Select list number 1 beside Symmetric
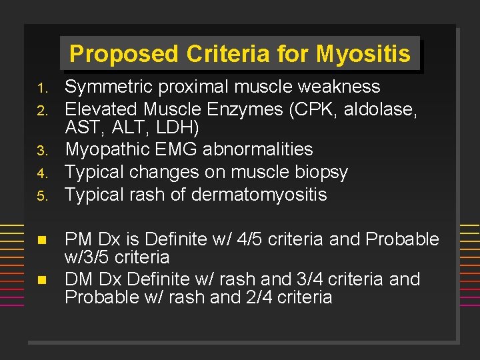pyautogui.click(x=40, y=88)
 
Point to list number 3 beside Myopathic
pyautogui.click(x=40, y=151)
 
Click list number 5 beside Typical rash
pyautogui.click(x=40, y=196)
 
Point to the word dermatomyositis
pyautogui.click(x=259, y=195)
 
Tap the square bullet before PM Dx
pyautogui.click(x=41, y=239)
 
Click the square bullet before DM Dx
pyautogui.click(x=41, y=279)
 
